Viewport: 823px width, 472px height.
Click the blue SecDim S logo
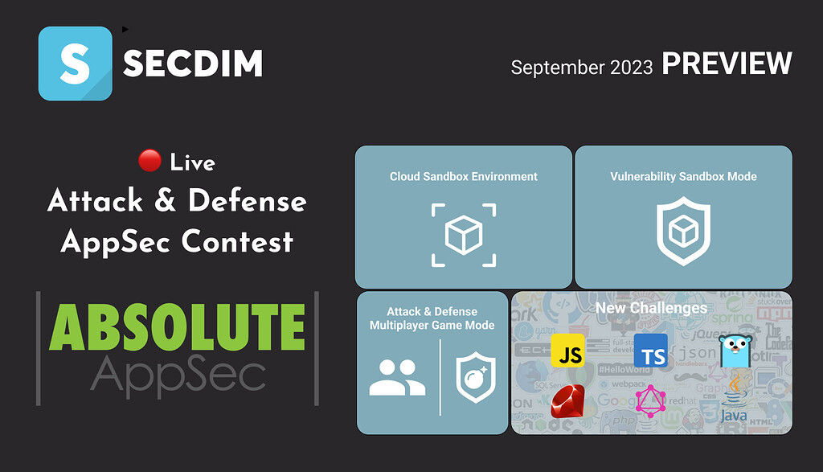[x=75, y=64]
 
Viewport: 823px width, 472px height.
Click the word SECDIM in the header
[x=193, y=64]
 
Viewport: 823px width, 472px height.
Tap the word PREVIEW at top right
[x=727, y=64]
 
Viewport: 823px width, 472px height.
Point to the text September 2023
[x=581, y=68]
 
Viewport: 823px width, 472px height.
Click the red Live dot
[x=149, y=162]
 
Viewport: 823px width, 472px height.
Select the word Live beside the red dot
[x=193, y=162]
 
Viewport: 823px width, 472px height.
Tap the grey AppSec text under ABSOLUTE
[x=178, y=374]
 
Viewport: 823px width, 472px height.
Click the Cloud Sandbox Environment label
[x=464, y=177]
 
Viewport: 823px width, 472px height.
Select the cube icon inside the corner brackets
[x=464, y=234]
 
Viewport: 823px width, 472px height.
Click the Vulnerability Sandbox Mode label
[x=683, y=177]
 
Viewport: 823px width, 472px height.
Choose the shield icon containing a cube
[x=683, y=232]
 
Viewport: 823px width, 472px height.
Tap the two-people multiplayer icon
[x=397, y=377]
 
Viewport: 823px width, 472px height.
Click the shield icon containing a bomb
[x=476, y=376]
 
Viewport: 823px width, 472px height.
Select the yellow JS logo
[x=568, y=352]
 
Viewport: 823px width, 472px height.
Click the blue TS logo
[x=651, y=351]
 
